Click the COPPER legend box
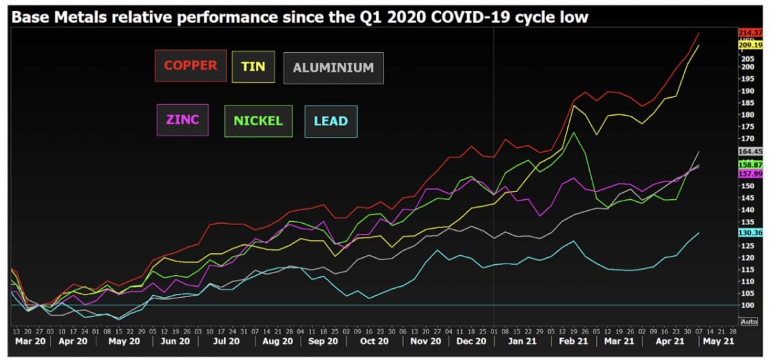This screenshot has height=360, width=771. coord(190,66)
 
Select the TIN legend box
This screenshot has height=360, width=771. coord(253,66)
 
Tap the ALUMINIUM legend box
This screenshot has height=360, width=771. coord(333,67)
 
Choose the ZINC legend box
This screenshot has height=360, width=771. coord(182,120)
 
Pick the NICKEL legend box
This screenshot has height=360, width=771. coord(258,121)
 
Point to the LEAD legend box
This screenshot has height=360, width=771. coord(331,121)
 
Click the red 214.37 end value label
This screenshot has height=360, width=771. coord(750,33)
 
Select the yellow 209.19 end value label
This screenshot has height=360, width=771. coord(750,46)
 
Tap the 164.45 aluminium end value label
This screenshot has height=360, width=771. coord(750,152)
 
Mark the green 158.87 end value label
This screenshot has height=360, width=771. coord(750,165)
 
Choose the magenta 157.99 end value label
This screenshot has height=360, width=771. coord(750,174)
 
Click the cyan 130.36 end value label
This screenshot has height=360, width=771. coord(750,233)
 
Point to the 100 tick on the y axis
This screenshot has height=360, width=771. coord(747,305)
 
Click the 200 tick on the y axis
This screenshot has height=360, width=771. coord(747,67)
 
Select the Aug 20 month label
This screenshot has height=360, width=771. coord(278,341)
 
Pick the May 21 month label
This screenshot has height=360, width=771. coord(718,341)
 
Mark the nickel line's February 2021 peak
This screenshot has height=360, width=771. coord(574,132)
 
